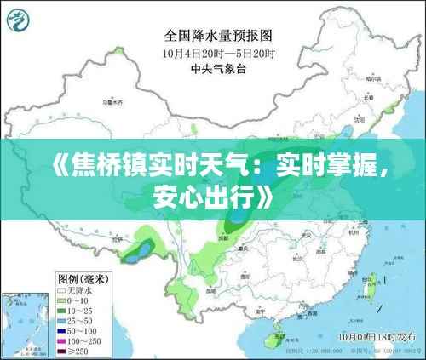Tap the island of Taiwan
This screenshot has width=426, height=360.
369,280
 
